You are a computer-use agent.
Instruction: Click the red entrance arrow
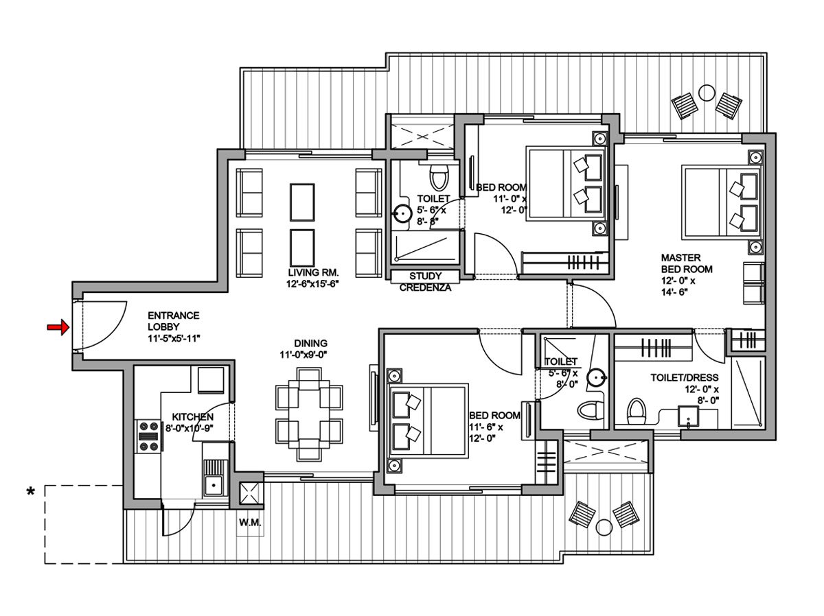[x=58, y=328]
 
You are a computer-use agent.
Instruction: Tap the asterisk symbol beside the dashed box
[x=30, y=492]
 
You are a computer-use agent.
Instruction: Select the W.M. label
[x=249, y=523]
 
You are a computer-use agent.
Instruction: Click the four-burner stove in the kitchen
[x=148, y=436]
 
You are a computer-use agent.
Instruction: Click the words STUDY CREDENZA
[x=425, y=282]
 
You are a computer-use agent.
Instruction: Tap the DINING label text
[x=310, y=343]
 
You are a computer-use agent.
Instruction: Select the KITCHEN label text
[x=192, y=417]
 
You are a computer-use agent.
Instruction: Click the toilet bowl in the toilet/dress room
[x=637, y=412]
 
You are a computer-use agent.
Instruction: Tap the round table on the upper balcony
[x=706, y=91]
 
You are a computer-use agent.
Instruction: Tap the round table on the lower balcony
[x=604, y=527]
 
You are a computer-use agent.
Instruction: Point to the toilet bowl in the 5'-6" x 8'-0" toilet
[x=589, y=410]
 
